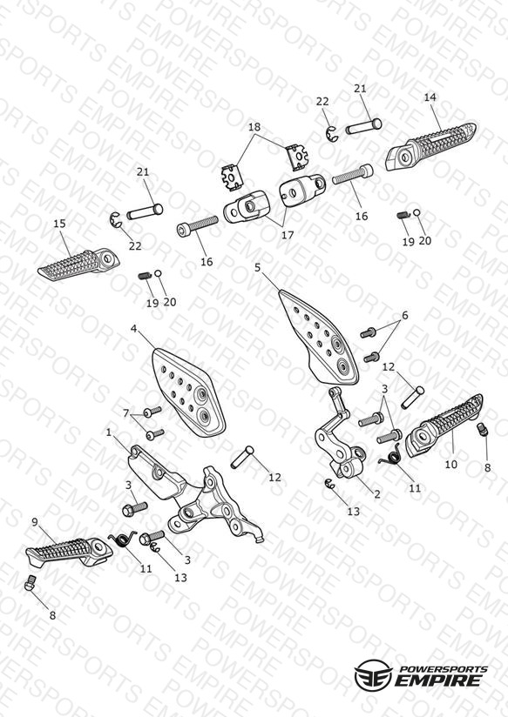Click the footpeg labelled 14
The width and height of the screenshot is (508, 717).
[430, 145]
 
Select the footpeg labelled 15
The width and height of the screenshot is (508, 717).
[78, 264]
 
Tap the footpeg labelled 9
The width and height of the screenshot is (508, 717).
[69, 549]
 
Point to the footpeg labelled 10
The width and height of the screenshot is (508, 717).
[444, 426]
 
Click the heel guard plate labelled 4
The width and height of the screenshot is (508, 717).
[189, 391]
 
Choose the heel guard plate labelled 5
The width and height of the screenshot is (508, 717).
[318, 337]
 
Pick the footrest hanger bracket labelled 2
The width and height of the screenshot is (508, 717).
[340, 434]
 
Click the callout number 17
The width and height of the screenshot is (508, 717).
[288, 235]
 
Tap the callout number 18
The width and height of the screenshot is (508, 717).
[254, 127]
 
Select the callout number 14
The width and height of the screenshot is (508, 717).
[430, 97]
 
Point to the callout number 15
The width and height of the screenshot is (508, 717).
[59, 224]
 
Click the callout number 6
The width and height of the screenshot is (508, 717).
[405, 315]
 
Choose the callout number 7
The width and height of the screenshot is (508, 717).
[126, 413]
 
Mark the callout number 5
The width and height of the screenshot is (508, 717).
[257, 267]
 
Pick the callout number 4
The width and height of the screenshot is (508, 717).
[133, 328]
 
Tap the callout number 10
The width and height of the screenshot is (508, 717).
[451, 464]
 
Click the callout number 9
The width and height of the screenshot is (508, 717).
[35, 522]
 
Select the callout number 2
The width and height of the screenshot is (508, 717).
[377, 494]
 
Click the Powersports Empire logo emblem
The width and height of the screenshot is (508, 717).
[373, 674]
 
